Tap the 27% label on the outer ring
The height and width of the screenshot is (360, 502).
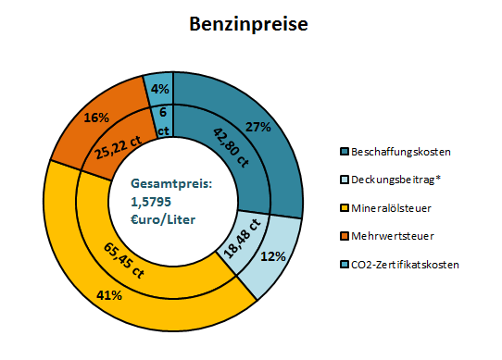pyautogui.click(x=258, y=127)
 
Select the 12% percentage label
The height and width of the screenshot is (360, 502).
pyautogui.click(x=273, y=256)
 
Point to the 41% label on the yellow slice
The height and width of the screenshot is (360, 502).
pyautogui.click(x=110, y=295)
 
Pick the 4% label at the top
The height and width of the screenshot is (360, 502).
pyautogui.click(x=159, y=89)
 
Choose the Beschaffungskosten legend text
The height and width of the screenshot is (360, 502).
pyautogui.click(x=401, y=151)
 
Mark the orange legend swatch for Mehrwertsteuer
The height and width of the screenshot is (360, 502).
pyautogui.click(x=345, y=237)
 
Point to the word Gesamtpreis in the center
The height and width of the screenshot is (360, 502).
pyautogui.click(x=171, y=185)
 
